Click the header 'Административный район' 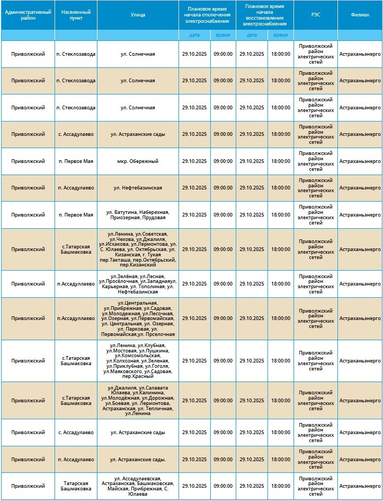[x=28, y=15]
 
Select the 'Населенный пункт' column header [x=76, y=15]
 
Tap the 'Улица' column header [x=138, y=15]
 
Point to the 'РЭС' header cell [x=315, y=15]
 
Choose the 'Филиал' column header [x=360, y=15]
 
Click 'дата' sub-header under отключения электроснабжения [x=194, y=35]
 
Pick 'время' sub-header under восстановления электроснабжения [x=281, y=35]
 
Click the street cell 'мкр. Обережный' [x=138, y=161]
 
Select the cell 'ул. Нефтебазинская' [x=138, y=188]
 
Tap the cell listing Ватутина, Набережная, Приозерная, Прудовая [x=138, y=215]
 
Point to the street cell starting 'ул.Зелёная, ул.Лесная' [x=138, y=284]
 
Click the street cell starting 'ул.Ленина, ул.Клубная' [x=138, y=361]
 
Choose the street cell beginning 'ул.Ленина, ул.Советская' [x=138, y=249]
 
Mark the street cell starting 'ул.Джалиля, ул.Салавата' [x=138, y=401]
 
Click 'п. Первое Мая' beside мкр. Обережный [x=76, y=161]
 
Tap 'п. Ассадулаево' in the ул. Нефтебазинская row [x=76, y=188]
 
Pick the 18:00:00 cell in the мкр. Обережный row [x=281, y=161]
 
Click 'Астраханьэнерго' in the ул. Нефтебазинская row [x=360, y=188]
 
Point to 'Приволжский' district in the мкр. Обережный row [x=28, y=161]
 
